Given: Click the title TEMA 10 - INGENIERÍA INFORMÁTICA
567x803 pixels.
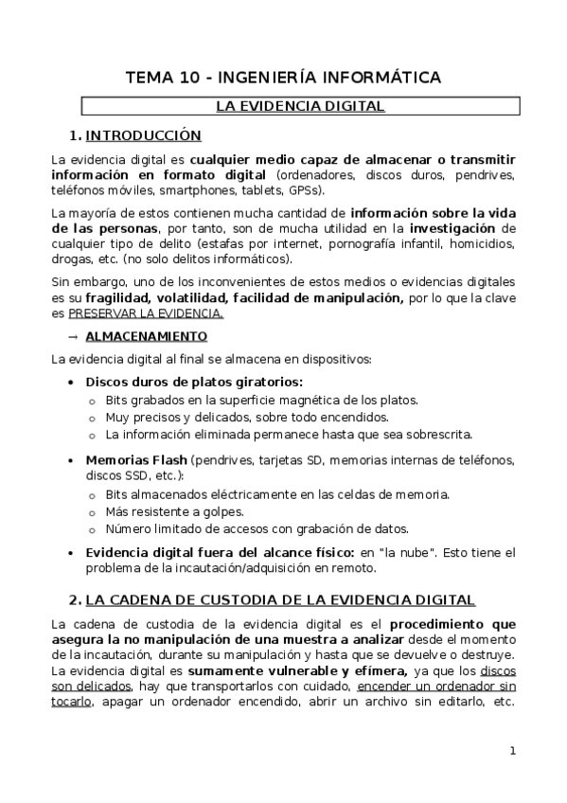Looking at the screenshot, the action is click(283, 78).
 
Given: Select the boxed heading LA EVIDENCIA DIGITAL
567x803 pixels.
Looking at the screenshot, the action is click(300, 106).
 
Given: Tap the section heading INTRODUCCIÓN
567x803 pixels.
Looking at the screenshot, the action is click(144, 134).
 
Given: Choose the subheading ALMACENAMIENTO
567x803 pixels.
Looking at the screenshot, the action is click(146, 336).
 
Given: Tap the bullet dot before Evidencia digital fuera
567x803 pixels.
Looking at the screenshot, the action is click(74, 552).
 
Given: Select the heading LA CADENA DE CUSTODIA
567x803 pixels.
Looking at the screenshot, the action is click(280, 600).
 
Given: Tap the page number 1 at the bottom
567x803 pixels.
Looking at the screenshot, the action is click(512, 752).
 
